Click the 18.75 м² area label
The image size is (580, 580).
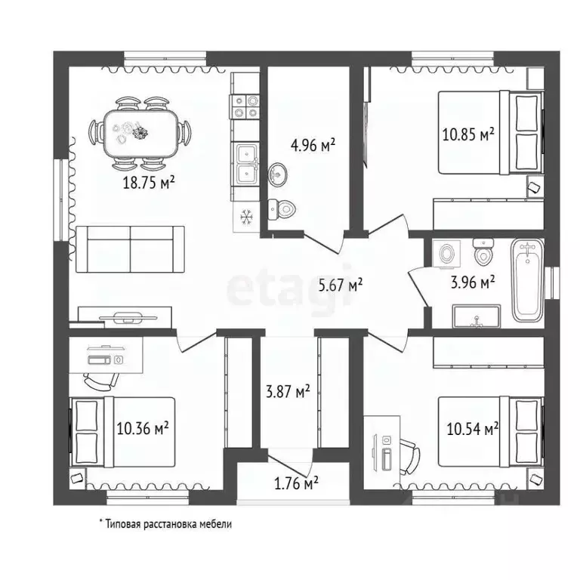[148, 182]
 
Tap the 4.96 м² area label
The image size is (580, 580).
[313, 145]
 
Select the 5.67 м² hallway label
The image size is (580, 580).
[341, 285]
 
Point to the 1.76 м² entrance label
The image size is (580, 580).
[296, 483]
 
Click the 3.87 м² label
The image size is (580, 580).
[288, 391]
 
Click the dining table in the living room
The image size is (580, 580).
[140, 133]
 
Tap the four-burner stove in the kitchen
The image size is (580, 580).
[245, 106]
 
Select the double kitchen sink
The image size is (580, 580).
[247, 165]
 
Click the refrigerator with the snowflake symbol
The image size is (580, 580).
[246, 217]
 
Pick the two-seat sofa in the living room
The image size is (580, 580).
[130, 249]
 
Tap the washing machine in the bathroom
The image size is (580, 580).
[446, 253]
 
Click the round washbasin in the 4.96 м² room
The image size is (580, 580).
[278, 174]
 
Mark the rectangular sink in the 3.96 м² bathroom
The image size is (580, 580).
[477, 316]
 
